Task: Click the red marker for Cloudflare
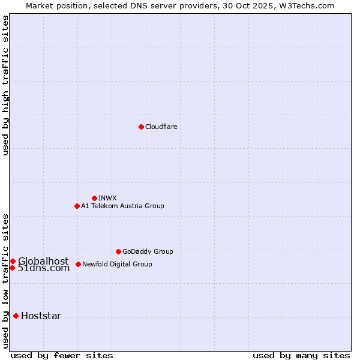[x=141, y=127]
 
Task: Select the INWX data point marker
[x=94, y=198]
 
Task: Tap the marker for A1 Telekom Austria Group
[x=77, y=206]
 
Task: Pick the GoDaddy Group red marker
[x=118, y=251]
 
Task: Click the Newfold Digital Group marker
[x=78, y=264]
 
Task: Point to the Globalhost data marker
[x=13, y=261]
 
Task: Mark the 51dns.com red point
[x=12, y=268]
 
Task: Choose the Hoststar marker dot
[x=16, y=316]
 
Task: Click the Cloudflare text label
[x=161, y=127]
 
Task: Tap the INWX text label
[x=107, y=198]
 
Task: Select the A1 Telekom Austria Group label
[x=122, y=206]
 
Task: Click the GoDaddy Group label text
[x=148, y=251]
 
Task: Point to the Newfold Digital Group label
[x=117, y=264]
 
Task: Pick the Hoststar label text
[x=41, y=316]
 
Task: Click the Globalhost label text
[x=43, y=261]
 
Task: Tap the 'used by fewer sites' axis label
[x=62, y=355]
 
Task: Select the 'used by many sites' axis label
[x=301, y=355]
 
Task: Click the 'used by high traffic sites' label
[x=6, y=85]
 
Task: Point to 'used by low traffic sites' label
[x=6, y=280]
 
